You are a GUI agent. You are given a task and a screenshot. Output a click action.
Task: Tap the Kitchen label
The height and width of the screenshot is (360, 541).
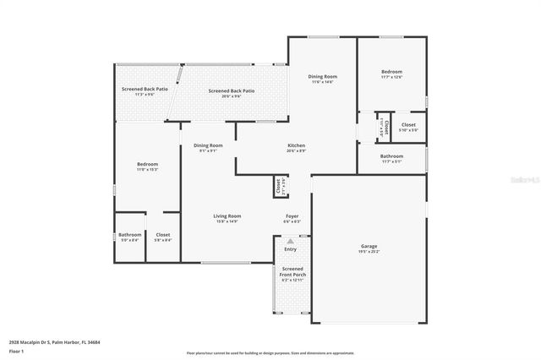[296, 145]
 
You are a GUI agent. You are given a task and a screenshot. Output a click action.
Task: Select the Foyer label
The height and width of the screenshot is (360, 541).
[290, 216]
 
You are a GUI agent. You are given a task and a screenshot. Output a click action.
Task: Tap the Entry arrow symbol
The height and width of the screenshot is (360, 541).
[291, 242]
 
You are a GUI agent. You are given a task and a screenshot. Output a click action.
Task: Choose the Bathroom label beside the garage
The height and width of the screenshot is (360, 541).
[391, 155]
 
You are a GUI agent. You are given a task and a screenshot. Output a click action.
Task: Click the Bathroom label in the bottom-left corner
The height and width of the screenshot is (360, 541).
[129, 234]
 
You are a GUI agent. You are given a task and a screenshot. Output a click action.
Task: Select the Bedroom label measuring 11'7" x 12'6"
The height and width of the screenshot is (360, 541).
[391, 72]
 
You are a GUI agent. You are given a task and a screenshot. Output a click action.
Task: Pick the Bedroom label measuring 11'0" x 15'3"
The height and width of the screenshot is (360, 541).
[147, 164]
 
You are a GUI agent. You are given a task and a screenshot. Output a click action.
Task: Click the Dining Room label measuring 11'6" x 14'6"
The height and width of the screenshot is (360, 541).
[322, 77]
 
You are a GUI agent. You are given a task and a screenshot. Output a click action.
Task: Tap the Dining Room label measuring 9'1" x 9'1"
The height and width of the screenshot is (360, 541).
[208, 145]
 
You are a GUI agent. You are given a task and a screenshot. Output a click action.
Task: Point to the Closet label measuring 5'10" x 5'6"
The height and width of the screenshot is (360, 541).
[408, 125]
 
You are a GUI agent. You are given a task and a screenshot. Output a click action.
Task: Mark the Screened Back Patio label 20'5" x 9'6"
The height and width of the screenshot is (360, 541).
[232, 91]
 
